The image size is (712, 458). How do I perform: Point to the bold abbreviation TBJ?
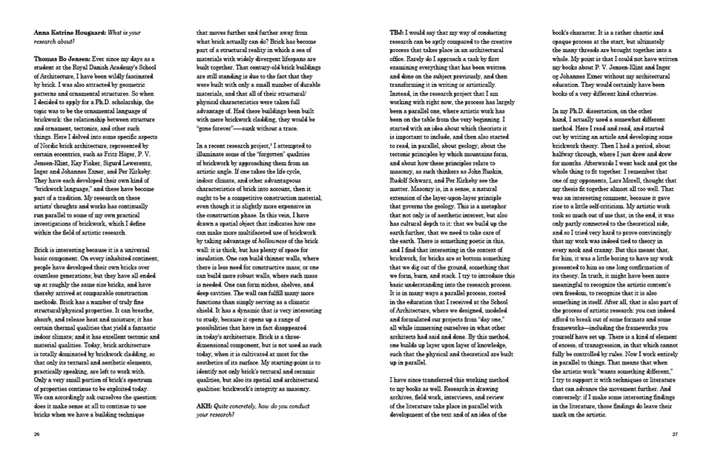point(398,33)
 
